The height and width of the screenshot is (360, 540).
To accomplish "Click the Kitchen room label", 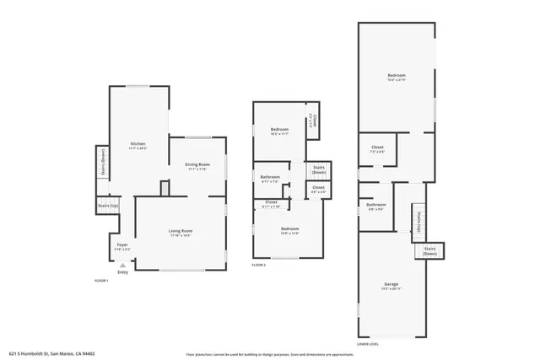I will point(138,144).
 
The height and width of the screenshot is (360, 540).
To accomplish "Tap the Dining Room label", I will point(197,164).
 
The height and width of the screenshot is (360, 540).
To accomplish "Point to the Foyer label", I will point(122,245).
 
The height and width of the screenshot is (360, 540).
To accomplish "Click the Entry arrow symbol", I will point(123,263).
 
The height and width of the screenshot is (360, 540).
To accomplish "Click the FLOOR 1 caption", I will point(101,281).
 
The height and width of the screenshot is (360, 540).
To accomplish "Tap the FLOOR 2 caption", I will point(259,266).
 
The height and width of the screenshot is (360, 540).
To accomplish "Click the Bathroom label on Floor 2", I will point(270,176).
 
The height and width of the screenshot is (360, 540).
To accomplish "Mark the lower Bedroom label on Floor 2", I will point(289,229).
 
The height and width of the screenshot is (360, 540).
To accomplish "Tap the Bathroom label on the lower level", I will point(376,205).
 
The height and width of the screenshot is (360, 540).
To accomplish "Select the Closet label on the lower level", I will point(377,148).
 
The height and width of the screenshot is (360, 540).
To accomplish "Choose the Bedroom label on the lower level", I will point(397,77).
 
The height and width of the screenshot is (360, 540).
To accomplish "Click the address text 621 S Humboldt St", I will point(51,354).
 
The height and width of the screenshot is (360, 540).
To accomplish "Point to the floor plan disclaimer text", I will point(270,354).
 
